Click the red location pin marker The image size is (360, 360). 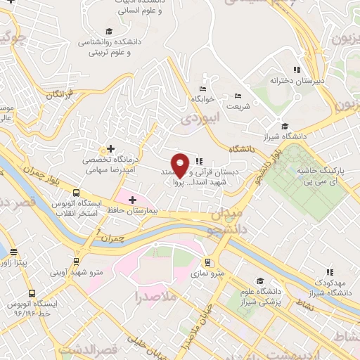[180, 165]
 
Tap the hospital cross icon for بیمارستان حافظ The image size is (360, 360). [132, 200]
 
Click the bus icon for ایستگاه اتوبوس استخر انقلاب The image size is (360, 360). [76, 193]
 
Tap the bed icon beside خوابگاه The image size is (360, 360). [202, 89]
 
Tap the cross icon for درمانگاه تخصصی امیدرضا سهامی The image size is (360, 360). [110, 149]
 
